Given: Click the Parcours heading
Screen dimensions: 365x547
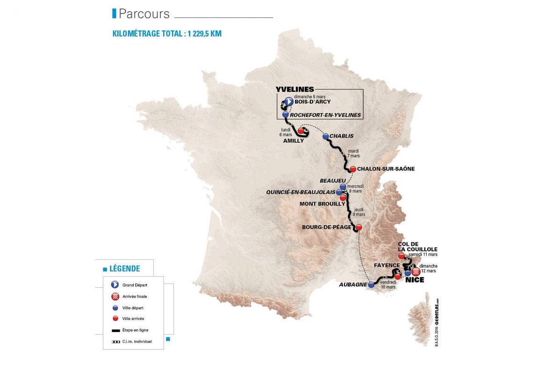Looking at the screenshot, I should click(x=144, y=14).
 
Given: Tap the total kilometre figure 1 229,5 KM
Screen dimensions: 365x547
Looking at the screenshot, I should click(x=200, y=34).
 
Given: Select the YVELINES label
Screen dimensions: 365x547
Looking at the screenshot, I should click(x=295, y=89).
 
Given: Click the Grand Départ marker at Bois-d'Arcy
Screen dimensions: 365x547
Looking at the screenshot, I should click(x=288, y=101).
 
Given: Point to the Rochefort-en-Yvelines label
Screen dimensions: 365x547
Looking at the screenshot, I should click(x=325, y=115).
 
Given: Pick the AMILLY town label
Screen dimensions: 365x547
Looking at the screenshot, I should click(x=294, y=140).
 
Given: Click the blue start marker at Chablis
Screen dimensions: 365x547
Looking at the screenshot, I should click(x=325, y=137).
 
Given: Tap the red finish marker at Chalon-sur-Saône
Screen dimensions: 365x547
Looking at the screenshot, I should click(x=353, y=169).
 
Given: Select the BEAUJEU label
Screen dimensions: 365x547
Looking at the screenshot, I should click(x=333, y=181).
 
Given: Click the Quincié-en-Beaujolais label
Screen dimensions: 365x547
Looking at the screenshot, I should click(x=300, y=192).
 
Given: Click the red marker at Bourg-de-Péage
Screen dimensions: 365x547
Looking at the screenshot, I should click(x=359, y=227).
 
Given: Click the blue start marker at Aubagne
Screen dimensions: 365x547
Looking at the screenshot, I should click(x=371, y=284).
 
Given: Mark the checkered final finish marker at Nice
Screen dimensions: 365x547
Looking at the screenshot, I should click(x=415, y=271).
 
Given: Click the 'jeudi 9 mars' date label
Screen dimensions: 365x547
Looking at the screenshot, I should click(x=359, y=212).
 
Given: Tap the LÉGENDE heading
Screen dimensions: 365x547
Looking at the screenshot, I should click(x=124, y=269).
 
